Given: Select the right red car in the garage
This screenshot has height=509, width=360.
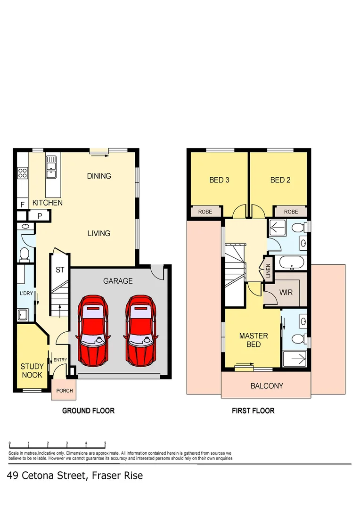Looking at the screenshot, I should (x=140, y=330).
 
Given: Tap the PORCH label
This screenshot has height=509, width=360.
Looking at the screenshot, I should (x=65, y=391).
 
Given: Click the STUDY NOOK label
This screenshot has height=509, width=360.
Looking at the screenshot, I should (x=32, y=370).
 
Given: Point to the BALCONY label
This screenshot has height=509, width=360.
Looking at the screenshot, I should (x=267, y=386).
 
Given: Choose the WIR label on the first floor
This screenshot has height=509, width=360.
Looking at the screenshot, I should (x=286, y=292).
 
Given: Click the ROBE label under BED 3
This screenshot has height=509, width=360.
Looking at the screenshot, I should (x=205, y=212).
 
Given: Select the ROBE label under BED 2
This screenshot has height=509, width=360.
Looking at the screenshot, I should (x=291, y=212).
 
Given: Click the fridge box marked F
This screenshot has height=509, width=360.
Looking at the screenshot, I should (x=22, y=204).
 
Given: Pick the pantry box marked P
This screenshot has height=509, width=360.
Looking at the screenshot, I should (x=40, y=215).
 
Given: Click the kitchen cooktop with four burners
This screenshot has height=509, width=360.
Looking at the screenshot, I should (x=22, y=173).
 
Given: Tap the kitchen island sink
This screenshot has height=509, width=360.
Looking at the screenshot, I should (x=51, y=168).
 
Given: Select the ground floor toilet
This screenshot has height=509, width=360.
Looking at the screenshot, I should (x=25, y=254).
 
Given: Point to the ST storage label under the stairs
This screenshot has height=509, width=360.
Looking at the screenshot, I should (x=60, y=270).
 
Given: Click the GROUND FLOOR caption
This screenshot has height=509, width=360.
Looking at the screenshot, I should (x=88, y=411).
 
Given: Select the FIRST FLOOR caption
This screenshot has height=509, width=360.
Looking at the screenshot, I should (x=253, y=411).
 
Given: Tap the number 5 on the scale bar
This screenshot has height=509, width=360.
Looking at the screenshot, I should (x=105, y=443).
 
